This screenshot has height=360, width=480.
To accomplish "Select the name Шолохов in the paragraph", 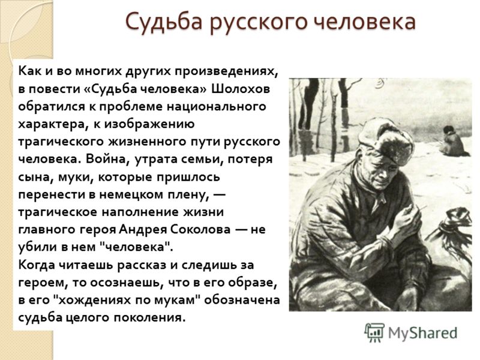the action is coord(241,89).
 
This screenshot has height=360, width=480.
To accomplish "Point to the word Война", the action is coord(107,159).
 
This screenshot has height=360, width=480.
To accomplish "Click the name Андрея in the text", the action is coord(143,230).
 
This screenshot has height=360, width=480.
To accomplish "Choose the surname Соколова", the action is coord(200,230).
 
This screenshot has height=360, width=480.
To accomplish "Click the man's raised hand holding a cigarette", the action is coord(406,219).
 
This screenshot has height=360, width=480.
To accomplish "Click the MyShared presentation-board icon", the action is coord(374,332).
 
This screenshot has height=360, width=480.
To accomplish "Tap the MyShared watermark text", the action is coord(422,333).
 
